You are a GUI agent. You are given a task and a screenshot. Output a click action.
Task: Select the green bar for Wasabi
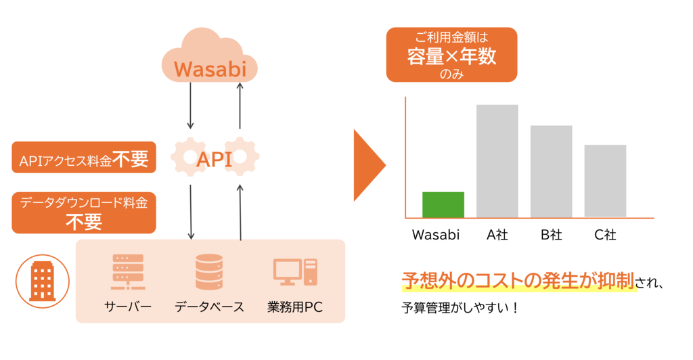(443, 205)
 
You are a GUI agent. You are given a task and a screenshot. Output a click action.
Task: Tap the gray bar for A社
(497, 161)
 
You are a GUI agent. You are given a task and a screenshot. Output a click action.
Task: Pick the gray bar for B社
(551, 171)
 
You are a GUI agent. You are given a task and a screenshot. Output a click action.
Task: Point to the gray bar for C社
(605, 181)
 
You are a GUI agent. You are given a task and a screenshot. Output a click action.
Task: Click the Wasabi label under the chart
(436, 235)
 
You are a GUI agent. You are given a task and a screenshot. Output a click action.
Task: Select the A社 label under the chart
(497, 235)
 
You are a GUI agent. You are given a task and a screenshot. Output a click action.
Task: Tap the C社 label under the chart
(605, 235)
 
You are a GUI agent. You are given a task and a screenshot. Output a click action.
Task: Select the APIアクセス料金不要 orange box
(84, 159)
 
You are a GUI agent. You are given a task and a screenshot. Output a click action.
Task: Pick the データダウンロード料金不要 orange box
(84, 212)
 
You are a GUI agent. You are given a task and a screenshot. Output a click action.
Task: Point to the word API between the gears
(215, 160)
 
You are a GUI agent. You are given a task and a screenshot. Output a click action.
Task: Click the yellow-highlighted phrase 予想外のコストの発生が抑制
(518, 281)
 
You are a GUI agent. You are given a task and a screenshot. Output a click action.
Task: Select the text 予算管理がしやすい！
(460, 308)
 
